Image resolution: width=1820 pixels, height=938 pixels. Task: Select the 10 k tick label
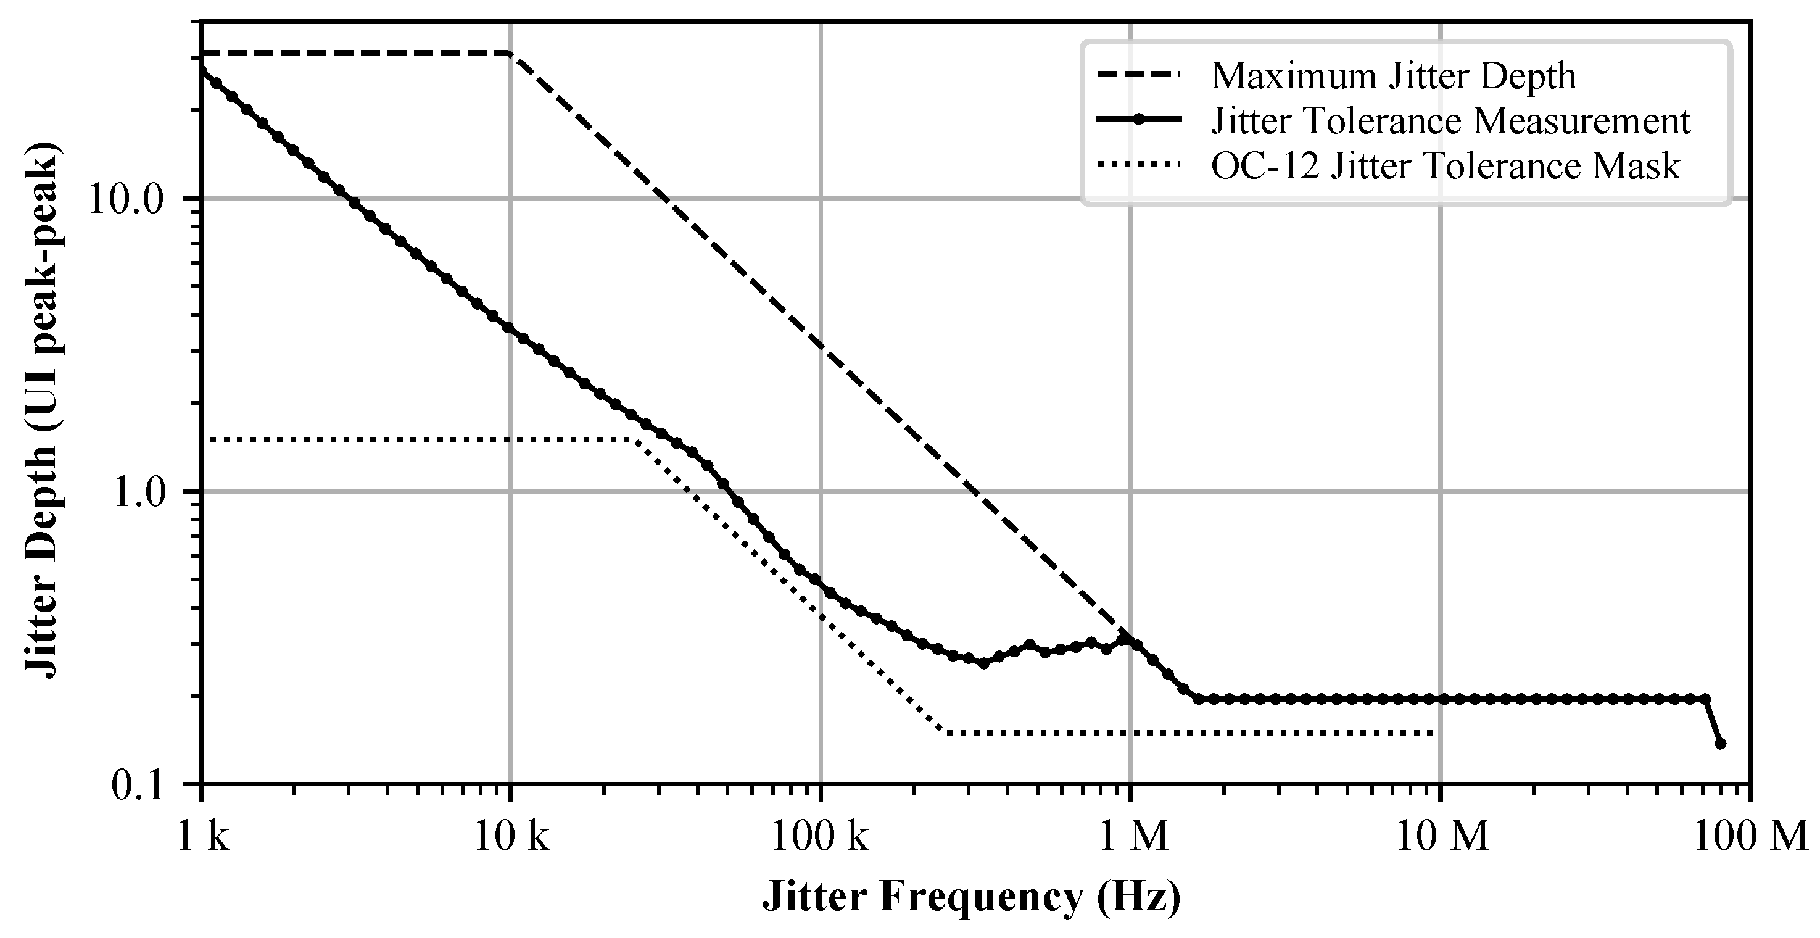(511, 836)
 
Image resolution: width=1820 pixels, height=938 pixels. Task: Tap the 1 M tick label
(1130, 836)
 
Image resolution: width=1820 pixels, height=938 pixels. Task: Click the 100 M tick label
(1749, 836)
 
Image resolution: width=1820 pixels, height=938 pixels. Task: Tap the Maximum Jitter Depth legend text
(1393, 76)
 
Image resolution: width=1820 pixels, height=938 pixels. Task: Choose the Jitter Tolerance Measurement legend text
(1450, 121)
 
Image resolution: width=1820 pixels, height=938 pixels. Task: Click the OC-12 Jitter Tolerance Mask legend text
(1446, 167)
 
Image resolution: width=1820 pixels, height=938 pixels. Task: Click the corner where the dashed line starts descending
(511, 54)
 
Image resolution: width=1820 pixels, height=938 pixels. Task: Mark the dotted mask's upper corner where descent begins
(634, 441)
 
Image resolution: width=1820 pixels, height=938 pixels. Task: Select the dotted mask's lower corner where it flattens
(944, 733)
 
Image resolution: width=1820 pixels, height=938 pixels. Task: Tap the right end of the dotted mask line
(1434, 733)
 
